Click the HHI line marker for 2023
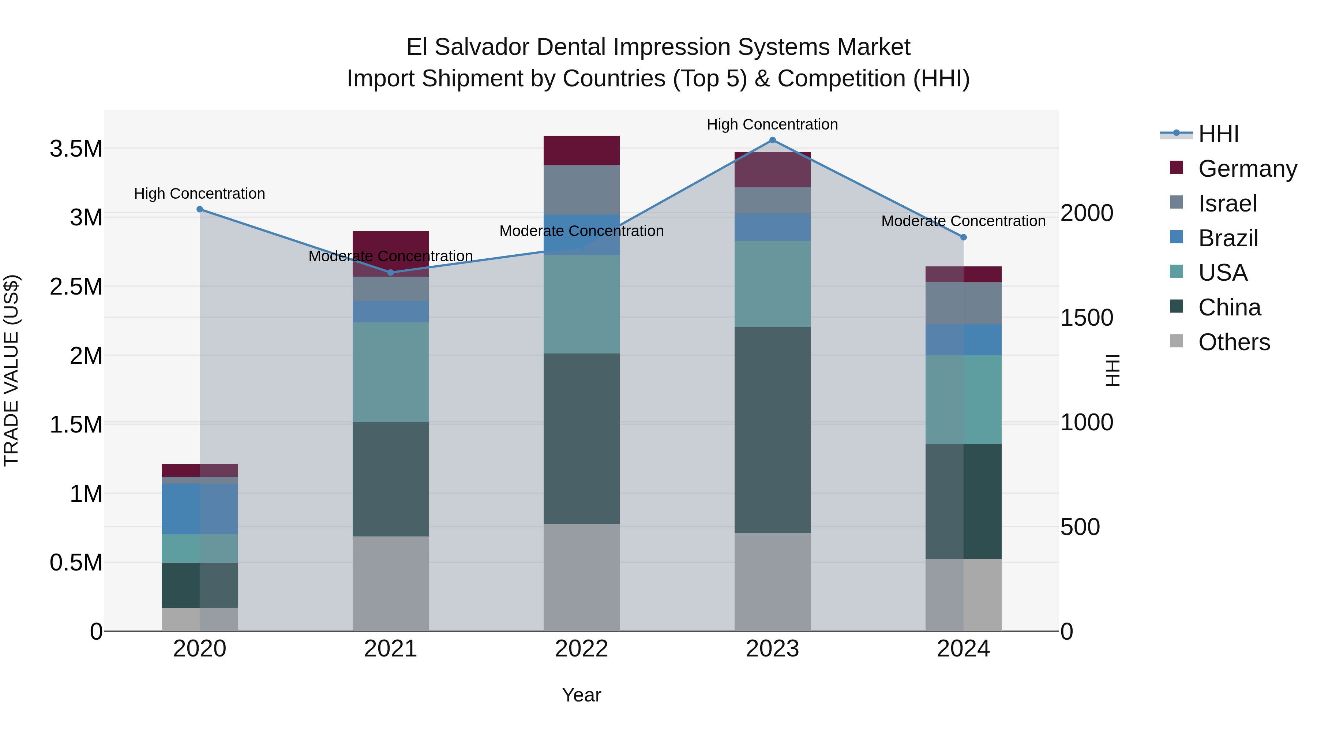(x=773, y=140)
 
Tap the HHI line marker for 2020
(x=200, y=209)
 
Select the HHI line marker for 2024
(x=963, y=237)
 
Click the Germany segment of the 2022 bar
(x=581, y=150)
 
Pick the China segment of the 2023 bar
(x=773, y=430)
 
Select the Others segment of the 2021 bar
(x=391, y=584)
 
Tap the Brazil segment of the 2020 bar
(x=200, y=509)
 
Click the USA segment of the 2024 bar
(x=963, y=399)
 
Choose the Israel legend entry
(x=1227, y=203)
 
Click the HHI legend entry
(x=1218, y=134)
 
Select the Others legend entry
(x=1234, y=342)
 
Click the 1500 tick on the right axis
(x=1087, y=318)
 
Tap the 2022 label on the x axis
(x=581, y=649)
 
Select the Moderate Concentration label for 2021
(x=391, y=256)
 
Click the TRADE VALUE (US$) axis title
(x=11, y=370)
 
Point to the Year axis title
(x=581, y=695)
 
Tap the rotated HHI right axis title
(x=1112, y=370)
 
